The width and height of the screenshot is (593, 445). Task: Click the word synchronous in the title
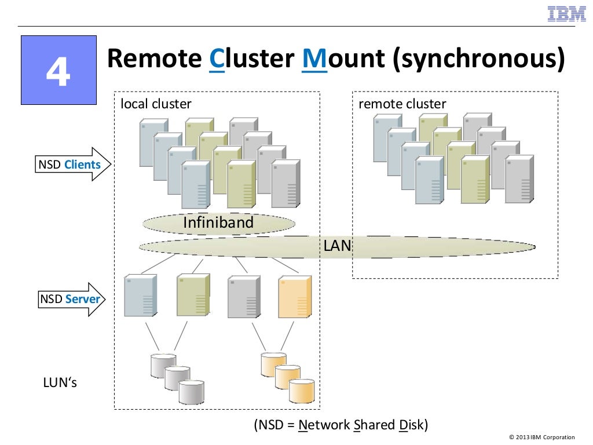pos(478,60)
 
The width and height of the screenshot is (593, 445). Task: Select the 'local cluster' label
pos(156,104)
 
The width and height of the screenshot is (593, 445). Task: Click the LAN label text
pos(337,246)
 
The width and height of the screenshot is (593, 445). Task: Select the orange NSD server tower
pos(295,297)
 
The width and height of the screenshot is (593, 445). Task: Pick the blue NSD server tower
pos(140,296)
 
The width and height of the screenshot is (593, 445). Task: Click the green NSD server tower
pos(192,296)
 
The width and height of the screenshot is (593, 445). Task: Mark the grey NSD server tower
pos(243,297)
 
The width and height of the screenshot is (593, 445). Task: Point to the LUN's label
pos(60,383)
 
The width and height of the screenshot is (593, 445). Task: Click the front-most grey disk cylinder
pos(191,392)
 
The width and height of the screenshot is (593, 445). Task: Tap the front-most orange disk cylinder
pos(302,391)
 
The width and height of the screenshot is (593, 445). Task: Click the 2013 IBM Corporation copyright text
pos(542,437)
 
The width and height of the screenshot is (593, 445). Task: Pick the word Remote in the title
pos(154,60)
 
